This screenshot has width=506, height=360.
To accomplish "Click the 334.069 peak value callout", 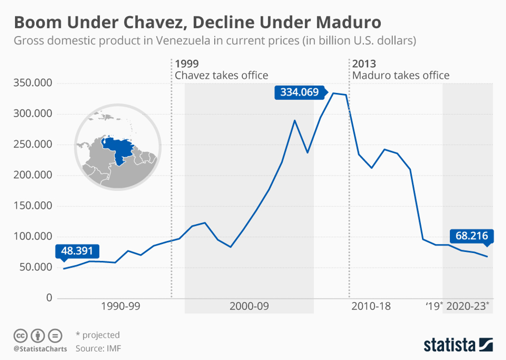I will coord(299,92).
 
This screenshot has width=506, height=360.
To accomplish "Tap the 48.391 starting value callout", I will coord(78,251).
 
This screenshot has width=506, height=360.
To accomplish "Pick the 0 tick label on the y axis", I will coord(49,298).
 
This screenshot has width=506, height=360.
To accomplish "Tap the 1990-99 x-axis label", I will coord(121,306).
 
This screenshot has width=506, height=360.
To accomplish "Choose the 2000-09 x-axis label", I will coord(249,306).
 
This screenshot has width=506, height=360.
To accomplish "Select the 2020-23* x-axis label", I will coord(467,306).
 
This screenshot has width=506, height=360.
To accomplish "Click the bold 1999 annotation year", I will coord(187,63).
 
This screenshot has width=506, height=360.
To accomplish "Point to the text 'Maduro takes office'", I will coord(401,75).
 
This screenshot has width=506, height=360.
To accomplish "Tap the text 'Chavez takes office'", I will coord(221,75).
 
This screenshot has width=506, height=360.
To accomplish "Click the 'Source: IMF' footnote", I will coord(98,348).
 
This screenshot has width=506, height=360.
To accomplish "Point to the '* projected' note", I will coord(98,335).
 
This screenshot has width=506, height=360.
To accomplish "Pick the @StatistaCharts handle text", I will coord(40,348).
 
